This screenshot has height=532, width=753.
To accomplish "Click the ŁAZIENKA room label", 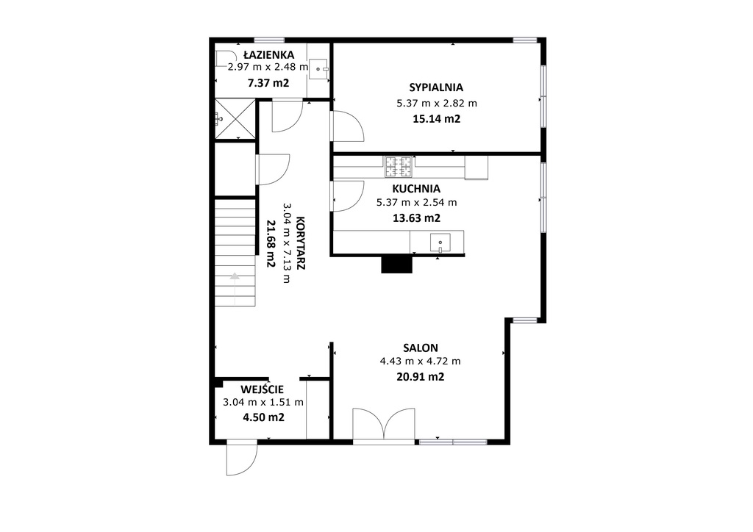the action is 268,54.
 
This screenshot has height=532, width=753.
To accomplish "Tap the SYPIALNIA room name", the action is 436,87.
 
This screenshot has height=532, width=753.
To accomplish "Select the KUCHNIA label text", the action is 416,189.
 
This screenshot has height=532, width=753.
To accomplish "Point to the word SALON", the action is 421,348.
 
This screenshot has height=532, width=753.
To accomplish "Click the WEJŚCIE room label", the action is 263,389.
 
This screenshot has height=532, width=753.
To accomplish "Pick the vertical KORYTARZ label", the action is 301,243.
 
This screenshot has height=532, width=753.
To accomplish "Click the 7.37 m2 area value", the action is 268,82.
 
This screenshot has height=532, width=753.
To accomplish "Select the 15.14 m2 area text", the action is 437,118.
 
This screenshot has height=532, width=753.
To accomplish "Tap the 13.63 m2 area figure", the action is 416,218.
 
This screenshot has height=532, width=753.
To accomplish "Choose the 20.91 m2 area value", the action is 420,376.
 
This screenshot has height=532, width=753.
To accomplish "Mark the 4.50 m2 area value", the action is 264,417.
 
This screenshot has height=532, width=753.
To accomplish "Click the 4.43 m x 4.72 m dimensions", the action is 420,361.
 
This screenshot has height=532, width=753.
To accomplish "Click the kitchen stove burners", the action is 399,167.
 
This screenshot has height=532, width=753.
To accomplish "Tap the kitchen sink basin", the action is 440,242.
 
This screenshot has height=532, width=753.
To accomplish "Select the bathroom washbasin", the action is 318,68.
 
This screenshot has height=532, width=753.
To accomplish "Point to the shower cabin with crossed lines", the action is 235,119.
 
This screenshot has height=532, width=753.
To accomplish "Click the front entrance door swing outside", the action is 241,458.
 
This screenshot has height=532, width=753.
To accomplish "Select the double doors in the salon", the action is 384,424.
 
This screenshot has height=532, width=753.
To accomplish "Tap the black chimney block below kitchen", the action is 396,265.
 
